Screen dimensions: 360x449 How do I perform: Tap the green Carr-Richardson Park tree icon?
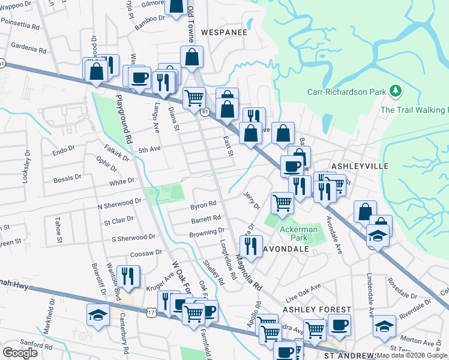[x=395, y=91]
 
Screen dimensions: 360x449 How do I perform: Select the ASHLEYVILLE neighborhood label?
[x=360, y=166]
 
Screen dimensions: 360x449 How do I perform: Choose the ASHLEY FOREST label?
[x=316, y=309]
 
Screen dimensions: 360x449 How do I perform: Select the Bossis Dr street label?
[x=66, y=178]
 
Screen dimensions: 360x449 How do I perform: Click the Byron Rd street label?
[x=203, y=205]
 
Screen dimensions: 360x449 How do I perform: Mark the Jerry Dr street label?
[x=252, y=200]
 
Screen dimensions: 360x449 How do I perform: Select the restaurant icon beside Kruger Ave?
[x=128, y=276]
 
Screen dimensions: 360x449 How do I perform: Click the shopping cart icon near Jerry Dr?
[x=282, y=203]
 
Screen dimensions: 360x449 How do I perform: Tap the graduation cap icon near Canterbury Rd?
[x=98, y=314]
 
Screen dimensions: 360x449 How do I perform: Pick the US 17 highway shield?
[x=151, y=312]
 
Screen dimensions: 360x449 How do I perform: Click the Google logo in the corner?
[x=20, y=353]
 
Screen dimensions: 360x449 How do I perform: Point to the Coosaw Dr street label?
[x=146, y=253]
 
